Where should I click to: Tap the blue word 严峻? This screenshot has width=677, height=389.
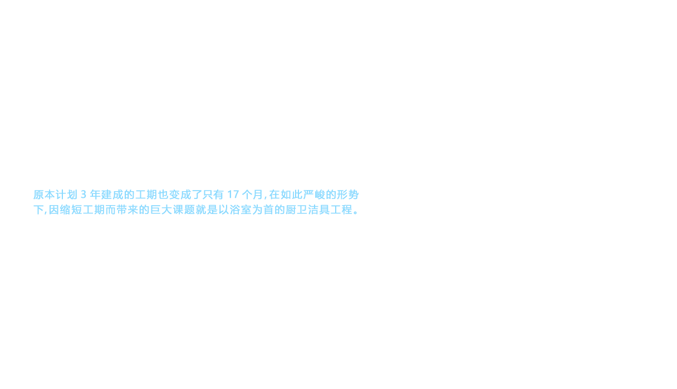pyautogui.click(x=315, y=194)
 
